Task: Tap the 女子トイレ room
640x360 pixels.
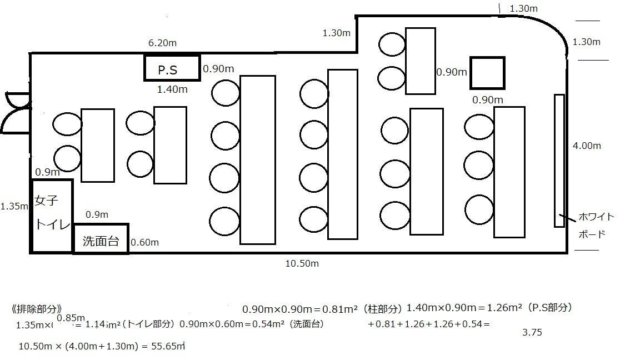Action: (x=52, y=215)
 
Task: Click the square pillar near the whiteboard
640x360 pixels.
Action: (x=487, y=73)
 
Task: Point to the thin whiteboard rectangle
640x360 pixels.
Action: (x=559, y=161)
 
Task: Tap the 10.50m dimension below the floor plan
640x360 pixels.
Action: (x=302, y=263)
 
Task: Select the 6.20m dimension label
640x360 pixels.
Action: (x=162, y=43)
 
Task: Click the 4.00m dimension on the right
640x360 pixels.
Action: (x=587, y=146)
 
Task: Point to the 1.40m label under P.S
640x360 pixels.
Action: (x=173, y=89)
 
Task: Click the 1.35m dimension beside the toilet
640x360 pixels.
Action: (x=14, y=206)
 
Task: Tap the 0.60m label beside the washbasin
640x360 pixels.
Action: (x=144, y=242)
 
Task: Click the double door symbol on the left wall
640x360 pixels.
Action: (x=16, y=113)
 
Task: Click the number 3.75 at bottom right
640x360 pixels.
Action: (x=532, y=333)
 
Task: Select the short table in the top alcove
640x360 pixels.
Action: (x=419, y=60)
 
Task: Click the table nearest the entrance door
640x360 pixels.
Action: (x=97, y=146)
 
